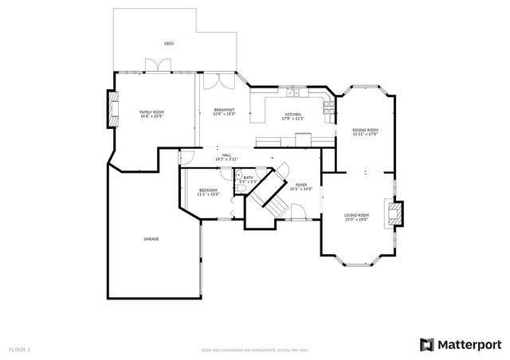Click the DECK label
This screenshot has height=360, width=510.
click(168, 43)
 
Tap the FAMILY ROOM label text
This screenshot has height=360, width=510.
click(151, 112)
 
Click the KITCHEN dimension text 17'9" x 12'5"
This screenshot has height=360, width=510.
click(293, 119)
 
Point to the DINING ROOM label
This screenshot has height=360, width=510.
click(365, 130)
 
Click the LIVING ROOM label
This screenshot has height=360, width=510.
click(356, 215)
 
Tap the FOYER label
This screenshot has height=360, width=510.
click(301, 185)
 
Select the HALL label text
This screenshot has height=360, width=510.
click(226, 155)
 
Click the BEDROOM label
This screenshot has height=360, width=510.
click(208, 190)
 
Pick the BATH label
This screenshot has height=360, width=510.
click(248, 178)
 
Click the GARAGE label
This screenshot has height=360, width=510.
click(151, 239)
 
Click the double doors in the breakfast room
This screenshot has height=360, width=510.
click(214, 81)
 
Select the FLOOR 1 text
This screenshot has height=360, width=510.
click(19, 350)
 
